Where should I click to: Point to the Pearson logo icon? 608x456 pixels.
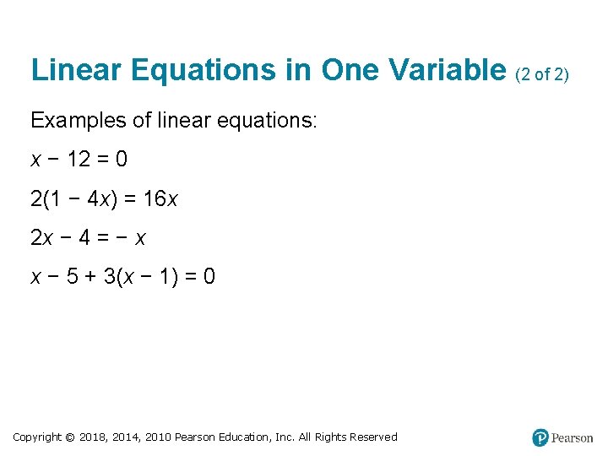540,437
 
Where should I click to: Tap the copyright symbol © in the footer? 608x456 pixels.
70,437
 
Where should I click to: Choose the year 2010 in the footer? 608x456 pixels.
159,437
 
